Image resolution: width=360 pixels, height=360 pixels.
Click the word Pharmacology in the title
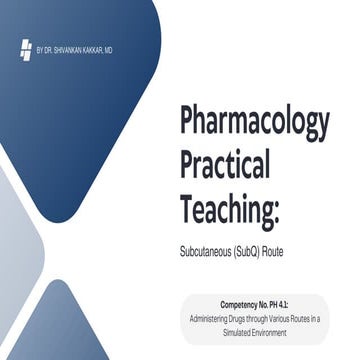pyautogui.click(x=254, y=122)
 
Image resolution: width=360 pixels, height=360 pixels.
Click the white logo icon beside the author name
pyautogui.click(x=26, y=48)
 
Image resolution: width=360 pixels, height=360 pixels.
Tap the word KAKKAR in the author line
pyautogui.click(x=95, y=48)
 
